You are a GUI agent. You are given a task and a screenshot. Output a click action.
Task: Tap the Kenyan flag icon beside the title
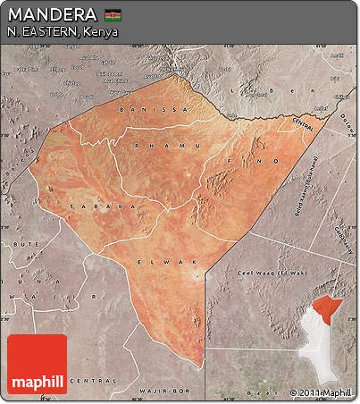point(113,15)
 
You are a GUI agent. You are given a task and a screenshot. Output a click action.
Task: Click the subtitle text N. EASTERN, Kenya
point(62,32)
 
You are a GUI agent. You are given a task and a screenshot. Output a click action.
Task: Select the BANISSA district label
point(161,109)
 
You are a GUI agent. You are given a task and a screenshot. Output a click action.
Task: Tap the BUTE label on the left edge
point(18,242)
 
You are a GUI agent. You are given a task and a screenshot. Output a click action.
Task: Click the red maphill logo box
point(37,365)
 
